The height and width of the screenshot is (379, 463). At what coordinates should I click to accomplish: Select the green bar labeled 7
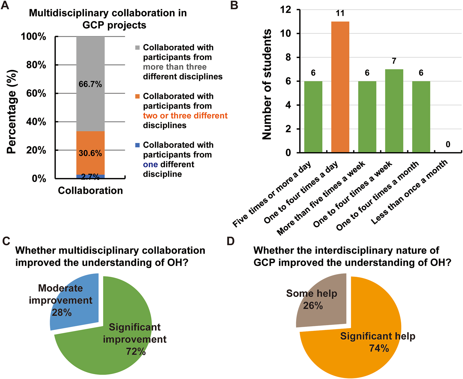point(394,111)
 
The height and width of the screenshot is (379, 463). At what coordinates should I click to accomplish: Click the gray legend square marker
point(138,48)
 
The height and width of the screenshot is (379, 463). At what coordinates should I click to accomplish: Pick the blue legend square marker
point(138,145)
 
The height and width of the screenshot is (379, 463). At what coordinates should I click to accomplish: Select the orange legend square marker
point(138,96)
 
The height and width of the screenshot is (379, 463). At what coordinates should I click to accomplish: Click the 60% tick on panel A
point(36,93)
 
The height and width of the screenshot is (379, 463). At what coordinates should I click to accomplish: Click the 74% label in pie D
point(379,348)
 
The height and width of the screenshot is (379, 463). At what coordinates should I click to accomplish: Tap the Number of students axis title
point(267,84)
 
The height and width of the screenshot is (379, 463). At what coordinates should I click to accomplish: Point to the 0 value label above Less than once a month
point(448,145)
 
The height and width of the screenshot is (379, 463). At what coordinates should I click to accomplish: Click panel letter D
point(231,241)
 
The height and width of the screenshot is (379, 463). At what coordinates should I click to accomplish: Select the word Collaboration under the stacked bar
point(90,191)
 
